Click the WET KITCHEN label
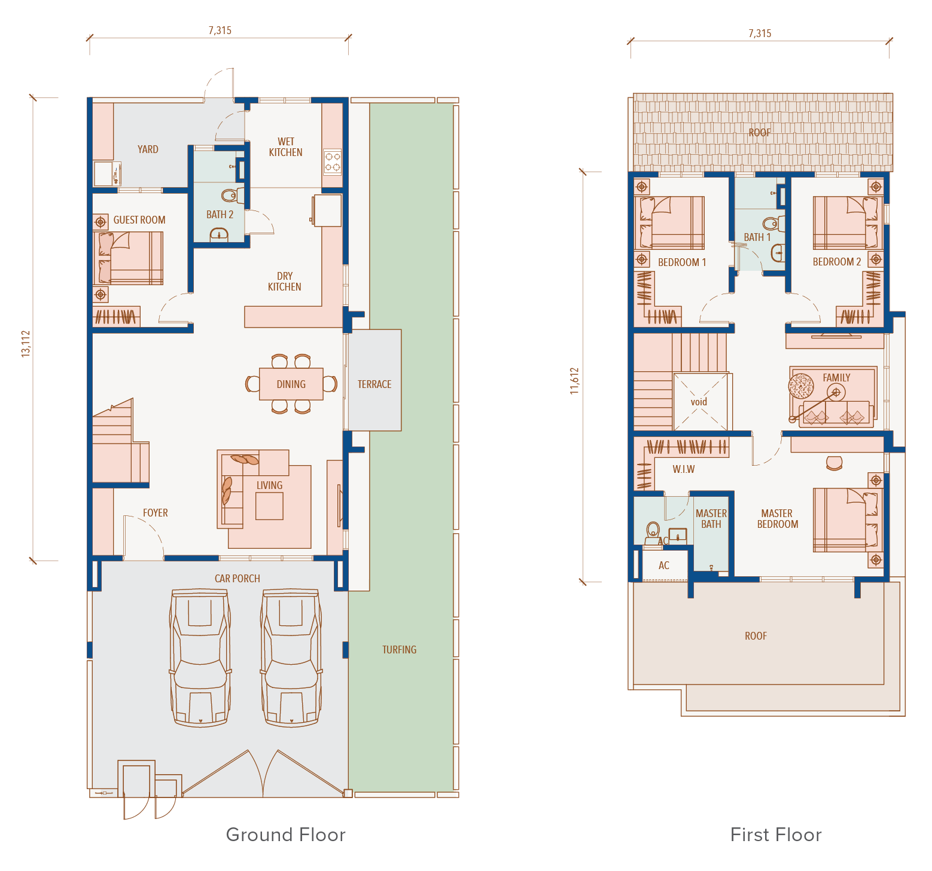point(286,147)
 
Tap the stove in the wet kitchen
point(333,161)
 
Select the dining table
point(291,384)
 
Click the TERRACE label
point(374,384)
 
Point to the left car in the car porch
point(200,658)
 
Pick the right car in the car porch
point(291,658)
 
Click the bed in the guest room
point(129,258)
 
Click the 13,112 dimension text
point(25,344)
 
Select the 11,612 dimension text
point(574,381)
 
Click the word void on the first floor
point(699,402)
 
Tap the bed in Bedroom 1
point(670,222)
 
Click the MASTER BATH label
point(711,519)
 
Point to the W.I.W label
point(684,469)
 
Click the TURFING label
point(400,650)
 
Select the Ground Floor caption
point(286,835)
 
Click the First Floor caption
point(776,835)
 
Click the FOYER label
point(156,513)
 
